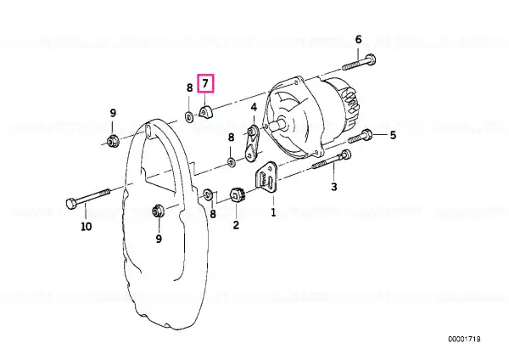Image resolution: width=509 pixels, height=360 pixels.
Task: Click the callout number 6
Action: [358, 40]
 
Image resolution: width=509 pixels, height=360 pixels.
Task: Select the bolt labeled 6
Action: [359, 63]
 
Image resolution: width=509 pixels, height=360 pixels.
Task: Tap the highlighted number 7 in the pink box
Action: [205, 83]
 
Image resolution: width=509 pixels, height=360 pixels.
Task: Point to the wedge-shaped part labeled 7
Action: [204, 112]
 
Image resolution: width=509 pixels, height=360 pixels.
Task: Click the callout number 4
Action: [254, 107]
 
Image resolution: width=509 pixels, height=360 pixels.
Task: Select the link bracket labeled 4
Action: [251, 143]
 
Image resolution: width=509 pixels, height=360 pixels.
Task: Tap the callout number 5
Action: [393, 135]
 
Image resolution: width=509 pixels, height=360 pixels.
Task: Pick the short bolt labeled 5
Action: [360, 137]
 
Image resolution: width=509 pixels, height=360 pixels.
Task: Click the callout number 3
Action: [334, 187]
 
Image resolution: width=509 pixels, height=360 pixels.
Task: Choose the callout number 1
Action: [273, 212]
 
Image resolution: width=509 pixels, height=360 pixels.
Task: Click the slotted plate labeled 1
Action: [267, 178]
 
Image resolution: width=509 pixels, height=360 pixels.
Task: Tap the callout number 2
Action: [236, 224]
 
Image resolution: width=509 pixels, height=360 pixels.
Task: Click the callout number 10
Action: [86, 226]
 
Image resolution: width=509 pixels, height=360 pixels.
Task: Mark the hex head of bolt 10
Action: [71, 203]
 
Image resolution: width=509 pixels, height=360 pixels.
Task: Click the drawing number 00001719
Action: [464, 340]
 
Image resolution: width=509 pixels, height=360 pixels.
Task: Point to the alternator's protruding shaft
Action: [279, 124]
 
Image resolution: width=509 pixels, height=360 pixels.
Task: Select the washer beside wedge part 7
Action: [189, 116]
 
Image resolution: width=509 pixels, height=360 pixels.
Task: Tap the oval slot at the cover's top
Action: [148, 128]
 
